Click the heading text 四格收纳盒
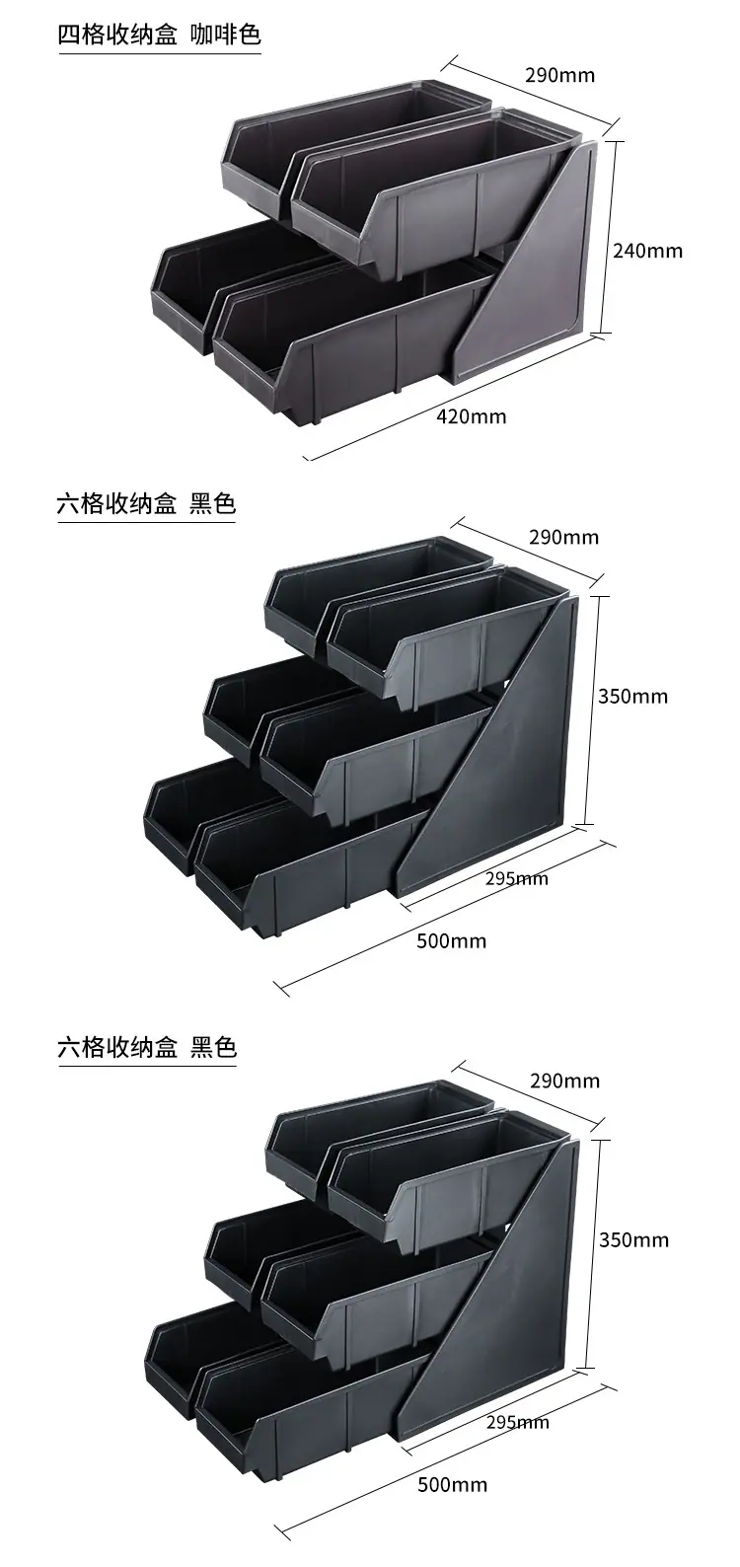[x=117, y=35]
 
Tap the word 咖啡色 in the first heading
[x=226, y=35]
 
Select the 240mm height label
[x=647, y=251]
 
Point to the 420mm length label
[x=472, y=417]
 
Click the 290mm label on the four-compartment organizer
[x=560, y=75]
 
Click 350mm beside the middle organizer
[x=633, y=696]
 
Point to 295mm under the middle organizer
[x=517, y=878]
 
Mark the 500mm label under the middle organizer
[x=452, y=941]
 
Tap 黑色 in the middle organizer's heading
[x=213, y=503]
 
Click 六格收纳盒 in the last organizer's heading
[x=117, y=1048]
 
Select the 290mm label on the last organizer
[x=565, y=1081]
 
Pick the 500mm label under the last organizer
[x=453, y=1484]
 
